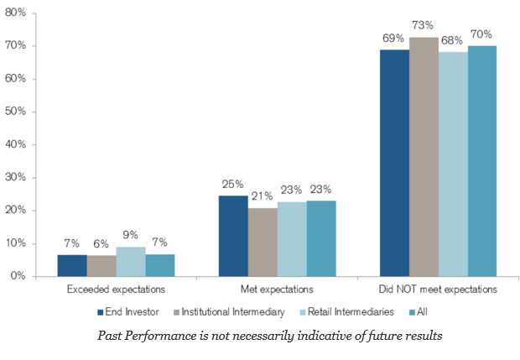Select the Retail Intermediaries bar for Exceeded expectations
131,261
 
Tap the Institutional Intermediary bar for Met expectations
263,242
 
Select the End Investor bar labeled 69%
394,163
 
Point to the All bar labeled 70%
482,161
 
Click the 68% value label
453,39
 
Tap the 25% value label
233,183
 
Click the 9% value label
131,234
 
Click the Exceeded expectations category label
116,290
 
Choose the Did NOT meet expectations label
438,290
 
